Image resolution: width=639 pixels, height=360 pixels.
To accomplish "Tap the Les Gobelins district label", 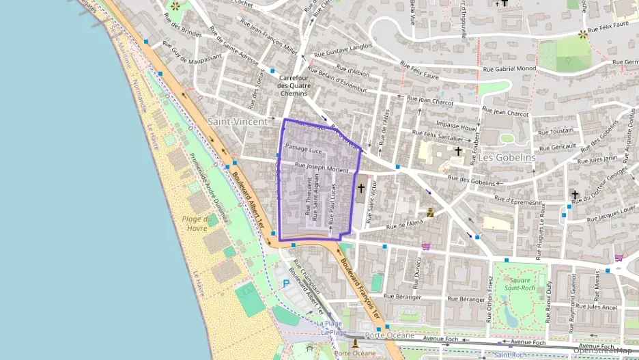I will [x=507, y=156].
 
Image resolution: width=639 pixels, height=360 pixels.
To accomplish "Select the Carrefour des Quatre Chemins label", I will [x=294, y=85].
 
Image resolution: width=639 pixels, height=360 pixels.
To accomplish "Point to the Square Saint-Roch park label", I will [x=520, y=283].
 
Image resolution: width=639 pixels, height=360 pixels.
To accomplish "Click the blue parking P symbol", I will [x=286, y=283].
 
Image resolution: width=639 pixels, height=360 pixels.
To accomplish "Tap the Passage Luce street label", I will [x=303, y=148].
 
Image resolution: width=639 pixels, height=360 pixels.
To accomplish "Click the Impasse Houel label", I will [x=456, y=126].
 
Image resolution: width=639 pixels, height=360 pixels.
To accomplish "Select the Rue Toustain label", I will [x=556, y=130].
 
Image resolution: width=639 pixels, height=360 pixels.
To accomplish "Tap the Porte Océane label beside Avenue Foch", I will [x=389, y=335].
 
